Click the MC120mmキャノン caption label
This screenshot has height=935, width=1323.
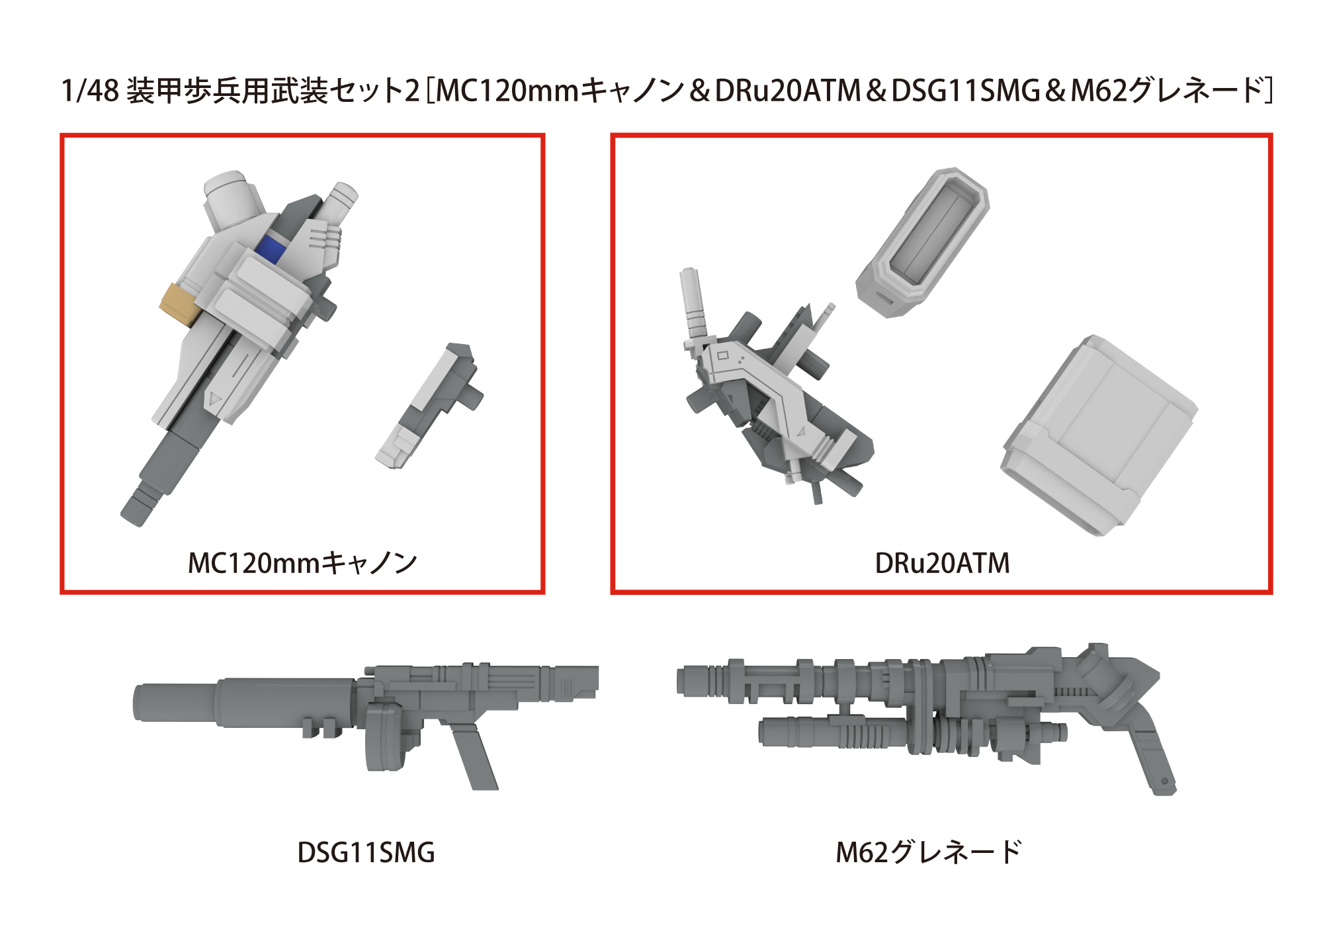click(302, 563)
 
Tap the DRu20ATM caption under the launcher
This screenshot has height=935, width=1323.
click(942, 564)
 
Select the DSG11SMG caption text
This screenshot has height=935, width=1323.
click(366, 852)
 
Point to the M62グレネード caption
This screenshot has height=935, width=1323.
click(929, 852)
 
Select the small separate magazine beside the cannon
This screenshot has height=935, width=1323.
click(429, 406)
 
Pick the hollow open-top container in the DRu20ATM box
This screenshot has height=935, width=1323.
click(923, 243)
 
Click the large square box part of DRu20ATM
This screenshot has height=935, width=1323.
click(1099, 435)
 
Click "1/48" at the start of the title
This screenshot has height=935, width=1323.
click(90, 91)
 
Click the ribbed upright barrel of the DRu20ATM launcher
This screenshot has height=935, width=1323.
click(693, 305)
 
